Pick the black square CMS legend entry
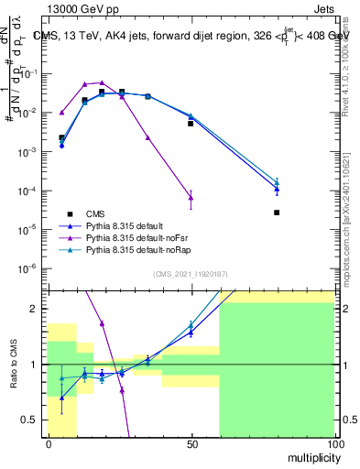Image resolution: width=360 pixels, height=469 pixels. [82, 213]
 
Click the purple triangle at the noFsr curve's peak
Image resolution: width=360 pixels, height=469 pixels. [102, 82]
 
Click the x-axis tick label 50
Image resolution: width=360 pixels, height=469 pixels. [191, 444]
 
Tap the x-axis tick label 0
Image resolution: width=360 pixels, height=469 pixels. [48, 444]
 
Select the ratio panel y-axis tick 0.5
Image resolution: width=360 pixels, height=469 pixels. [32, 420]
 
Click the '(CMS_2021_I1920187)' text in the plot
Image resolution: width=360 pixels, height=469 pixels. [191, 274]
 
